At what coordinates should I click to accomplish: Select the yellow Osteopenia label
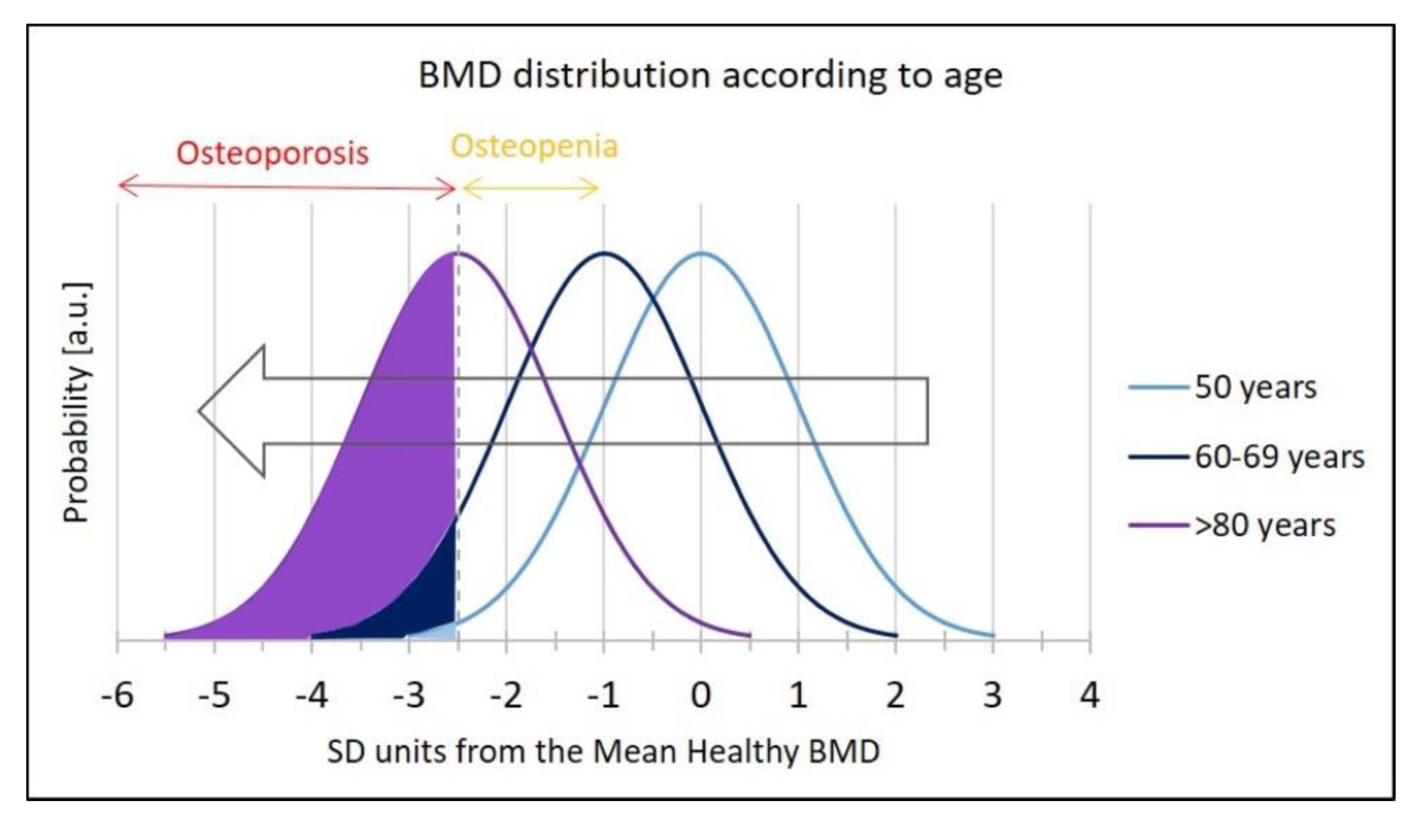(534, 146)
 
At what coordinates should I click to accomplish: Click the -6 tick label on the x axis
(117, 696)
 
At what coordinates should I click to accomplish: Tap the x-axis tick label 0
(701, 696)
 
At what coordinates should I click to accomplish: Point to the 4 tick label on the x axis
(1090, 696)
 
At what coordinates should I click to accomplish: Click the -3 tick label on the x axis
(409, 696)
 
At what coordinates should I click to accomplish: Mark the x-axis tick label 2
(895, 696)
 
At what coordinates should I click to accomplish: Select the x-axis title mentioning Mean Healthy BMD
(603, 752)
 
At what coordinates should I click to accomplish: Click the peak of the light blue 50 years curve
(701, 253)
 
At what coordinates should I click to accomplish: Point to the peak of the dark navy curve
(604, 253)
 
